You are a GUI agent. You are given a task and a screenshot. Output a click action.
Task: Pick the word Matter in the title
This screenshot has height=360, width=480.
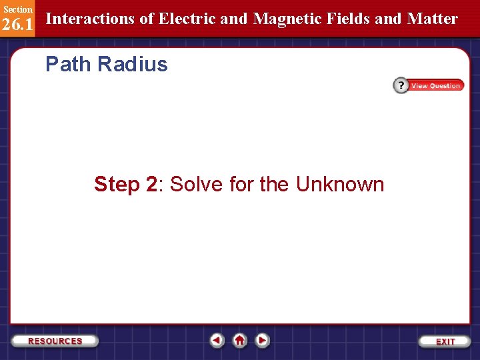pos(433,19)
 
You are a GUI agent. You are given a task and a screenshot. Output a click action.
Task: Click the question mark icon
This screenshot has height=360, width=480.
pos(401,85)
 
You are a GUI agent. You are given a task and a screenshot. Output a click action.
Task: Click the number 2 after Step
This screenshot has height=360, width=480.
pos(151,184)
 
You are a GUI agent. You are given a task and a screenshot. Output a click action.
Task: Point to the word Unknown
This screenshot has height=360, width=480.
pos(340,184)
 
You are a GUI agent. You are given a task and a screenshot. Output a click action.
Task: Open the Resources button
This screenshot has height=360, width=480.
pos(55,341)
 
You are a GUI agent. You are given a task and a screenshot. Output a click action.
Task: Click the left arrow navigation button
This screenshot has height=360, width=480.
pos(217,340)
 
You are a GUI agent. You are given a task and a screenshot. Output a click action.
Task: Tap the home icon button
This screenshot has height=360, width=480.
pos(239,340)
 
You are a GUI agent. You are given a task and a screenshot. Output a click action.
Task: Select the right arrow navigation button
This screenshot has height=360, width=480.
pos(262,340)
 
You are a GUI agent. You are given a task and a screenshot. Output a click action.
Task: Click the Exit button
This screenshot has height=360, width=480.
pos(445,341)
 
